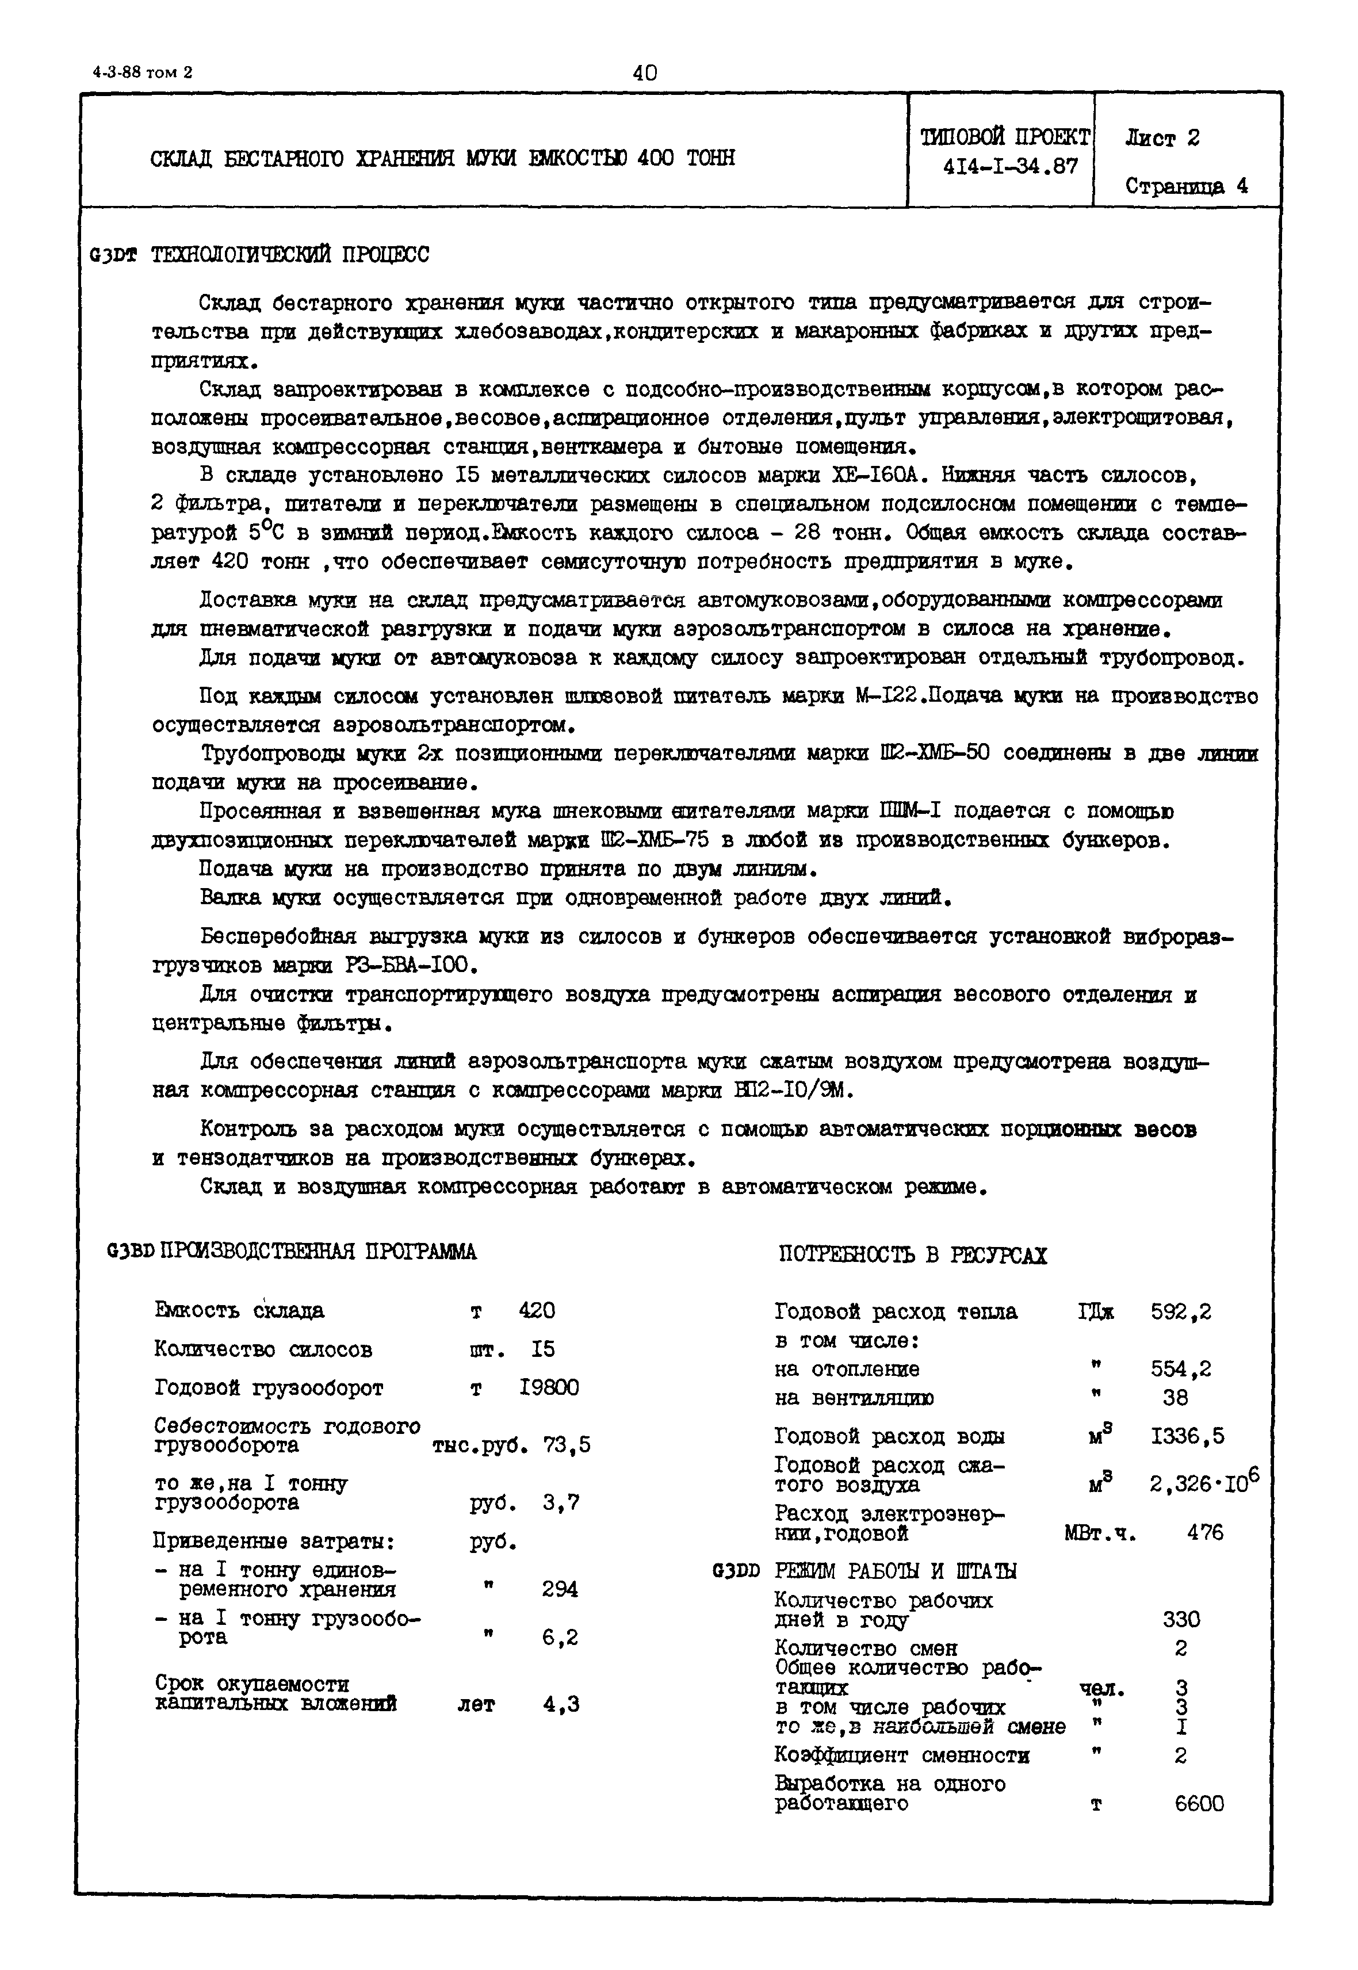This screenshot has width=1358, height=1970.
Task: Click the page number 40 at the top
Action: (645, 73)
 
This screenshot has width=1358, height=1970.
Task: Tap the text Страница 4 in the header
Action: (1186, 186)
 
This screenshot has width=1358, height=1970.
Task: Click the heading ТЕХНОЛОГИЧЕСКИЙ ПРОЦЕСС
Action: (289, 254)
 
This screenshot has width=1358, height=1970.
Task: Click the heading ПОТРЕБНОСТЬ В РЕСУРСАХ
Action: (913, 1255)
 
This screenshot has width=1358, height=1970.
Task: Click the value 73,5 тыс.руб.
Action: (567, 1445)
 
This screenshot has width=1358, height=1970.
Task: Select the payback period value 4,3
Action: (561, 1704)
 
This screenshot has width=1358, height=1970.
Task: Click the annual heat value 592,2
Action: (1181, 1311)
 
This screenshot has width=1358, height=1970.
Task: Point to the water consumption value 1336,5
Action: (1187, 1436)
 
